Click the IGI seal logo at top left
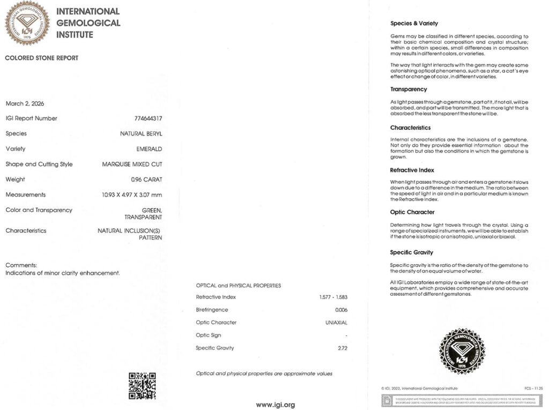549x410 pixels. tap(27, 23)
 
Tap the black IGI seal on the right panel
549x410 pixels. tap(461, 352)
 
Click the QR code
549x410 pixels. tap(142, 386)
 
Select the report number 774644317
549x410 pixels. tap(148, 118)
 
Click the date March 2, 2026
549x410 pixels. tap(25, 103)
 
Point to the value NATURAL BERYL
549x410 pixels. tap(141, 133)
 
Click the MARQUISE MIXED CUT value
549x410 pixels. tap(132, 165)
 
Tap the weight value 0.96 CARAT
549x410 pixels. tap(146, 180)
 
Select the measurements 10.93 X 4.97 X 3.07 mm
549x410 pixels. tap(132, 195)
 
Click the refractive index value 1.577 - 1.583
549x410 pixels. tap(330, 297)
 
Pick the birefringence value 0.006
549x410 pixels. tap(341, 310)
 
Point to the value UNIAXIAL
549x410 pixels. tap(336, 323)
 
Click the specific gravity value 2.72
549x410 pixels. tap(343, 348)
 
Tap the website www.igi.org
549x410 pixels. tap(275, 405)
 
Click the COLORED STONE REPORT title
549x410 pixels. tap(42, 58)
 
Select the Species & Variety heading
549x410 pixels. tap(414, 24)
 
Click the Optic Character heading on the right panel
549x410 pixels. tap(412, 212)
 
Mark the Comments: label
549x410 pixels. tap(21, 265)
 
